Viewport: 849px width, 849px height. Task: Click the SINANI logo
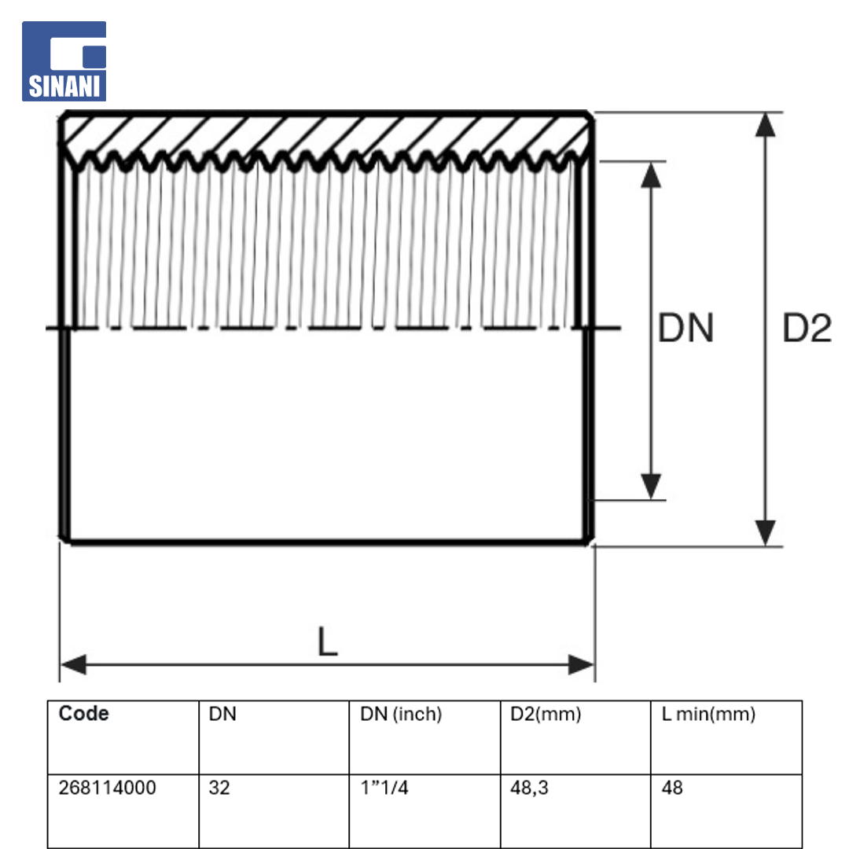point(64,61)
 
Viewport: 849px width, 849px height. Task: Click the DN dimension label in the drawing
point(685,328)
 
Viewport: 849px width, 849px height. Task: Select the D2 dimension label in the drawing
point(807,328)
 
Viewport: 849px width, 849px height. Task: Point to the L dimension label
point(328,641)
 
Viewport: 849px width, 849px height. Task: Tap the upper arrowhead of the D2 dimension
point(765,124)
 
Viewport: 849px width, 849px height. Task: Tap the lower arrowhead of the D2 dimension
point(765,533)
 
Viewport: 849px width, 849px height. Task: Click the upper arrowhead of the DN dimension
point(651,175)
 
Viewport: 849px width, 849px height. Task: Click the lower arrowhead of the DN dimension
point(651,487)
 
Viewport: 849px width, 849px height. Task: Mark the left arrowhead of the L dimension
point(73,664)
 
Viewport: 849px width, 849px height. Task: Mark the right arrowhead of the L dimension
point(581,664)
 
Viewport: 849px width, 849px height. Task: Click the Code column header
point(83,714)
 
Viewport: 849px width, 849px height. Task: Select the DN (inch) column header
point(401,714)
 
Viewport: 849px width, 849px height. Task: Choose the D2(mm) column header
point(546,714)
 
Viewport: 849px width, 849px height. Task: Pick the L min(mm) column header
point(708,714)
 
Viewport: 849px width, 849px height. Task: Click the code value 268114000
point(107,788)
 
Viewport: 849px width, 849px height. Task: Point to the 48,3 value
point(529,788)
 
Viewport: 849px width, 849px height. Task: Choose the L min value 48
point(672,788)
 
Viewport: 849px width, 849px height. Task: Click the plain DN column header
point(222,714)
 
